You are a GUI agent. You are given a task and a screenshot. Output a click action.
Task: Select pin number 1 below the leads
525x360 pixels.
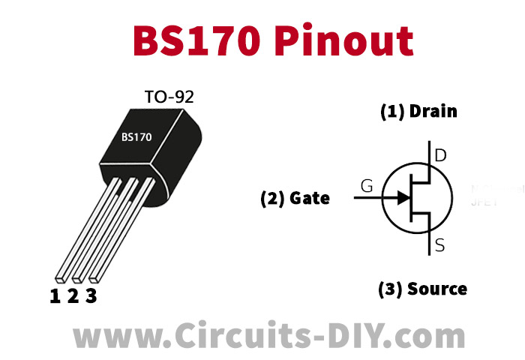click(55, 296)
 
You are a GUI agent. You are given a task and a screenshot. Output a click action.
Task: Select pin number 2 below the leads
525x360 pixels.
click(73, 296)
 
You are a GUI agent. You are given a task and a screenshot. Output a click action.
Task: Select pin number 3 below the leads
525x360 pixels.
click(91, 296)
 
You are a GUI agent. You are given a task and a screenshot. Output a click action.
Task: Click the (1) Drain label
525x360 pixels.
click(418, 112)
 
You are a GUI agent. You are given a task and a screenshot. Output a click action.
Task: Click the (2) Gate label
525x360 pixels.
click(295, 199)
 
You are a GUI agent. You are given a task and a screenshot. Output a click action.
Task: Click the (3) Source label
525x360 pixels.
click(422, 289)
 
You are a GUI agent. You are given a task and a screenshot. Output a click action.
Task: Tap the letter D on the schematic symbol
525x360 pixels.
click(440, 157)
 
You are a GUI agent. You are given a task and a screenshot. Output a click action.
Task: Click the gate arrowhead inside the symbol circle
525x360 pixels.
click(403, 198)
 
